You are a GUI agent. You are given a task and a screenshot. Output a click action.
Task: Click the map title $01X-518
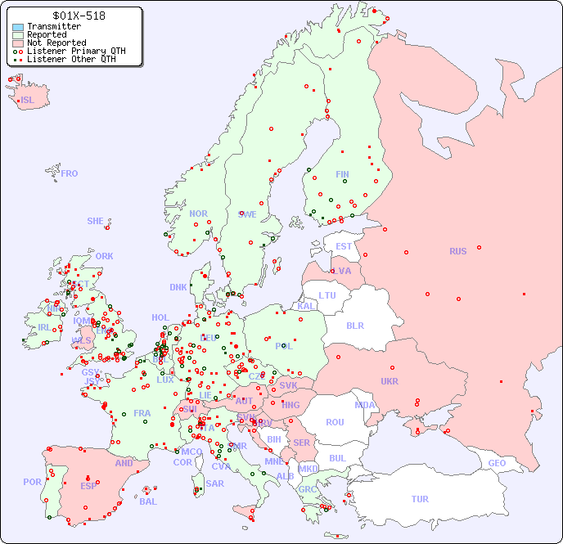(79, 16)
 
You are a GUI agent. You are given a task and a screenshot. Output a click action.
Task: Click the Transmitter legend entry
(53, 27)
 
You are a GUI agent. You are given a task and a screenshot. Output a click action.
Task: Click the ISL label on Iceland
(28, 101)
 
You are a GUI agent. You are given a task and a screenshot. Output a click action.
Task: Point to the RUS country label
(457, 251)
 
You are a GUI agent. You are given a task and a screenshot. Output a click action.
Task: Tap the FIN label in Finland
(342, 174)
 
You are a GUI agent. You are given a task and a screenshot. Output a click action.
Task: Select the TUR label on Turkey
(420, 499)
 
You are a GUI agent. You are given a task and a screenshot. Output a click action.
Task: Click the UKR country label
(390, 381)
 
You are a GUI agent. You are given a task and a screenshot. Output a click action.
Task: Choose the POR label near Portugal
(32, 482)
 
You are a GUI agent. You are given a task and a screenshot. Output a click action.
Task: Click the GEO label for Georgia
(497, 463)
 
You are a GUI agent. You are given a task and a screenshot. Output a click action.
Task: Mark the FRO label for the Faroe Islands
(70, 173)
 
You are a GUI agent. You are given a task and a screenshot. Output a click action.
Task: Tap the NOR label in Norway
(198, 214)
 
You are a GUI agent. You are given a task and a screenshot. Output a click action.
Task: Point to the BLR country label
(354, 326)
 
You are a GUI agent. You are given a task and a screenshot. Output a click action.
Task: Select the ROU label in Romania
(335, 422)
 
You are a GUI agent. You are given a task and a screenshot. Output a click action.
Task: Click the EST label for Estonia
(344, 246)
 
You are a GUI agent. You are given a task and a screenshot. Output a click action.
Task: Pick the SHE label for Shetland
(96, 221)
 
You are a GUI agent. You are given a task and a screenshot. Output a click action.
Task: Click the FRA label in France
(142, 413)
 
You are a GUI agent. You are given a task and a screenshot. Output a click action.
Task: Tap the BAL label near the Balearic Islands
(148, 501)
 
